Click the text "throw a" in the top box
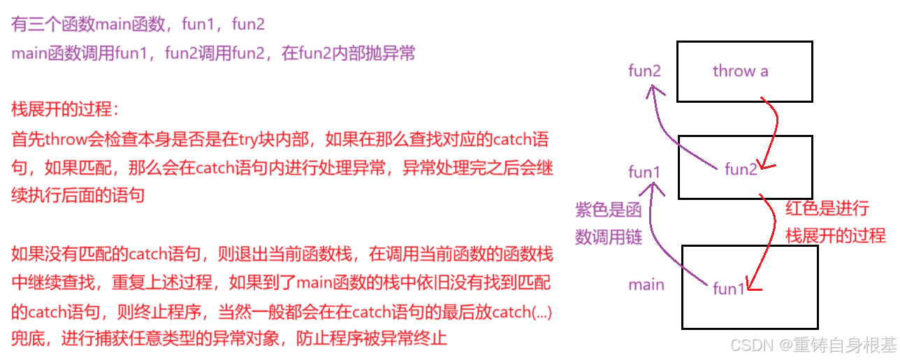(x=740, y=71)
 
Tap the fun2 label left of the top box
(x=644, y=71)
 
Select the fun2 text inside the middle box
(x=741, y=168)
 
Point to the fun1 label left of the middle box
(x=644, y=172)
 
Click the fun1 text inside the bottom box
(x=729, y=289)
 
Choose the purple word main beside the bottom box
(x=646, y=285)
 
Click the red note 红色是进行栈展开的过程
(x=835, y=222)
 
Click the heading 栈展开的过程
(x=66, y=109)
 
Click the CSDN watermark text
(x=812, y=344)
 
